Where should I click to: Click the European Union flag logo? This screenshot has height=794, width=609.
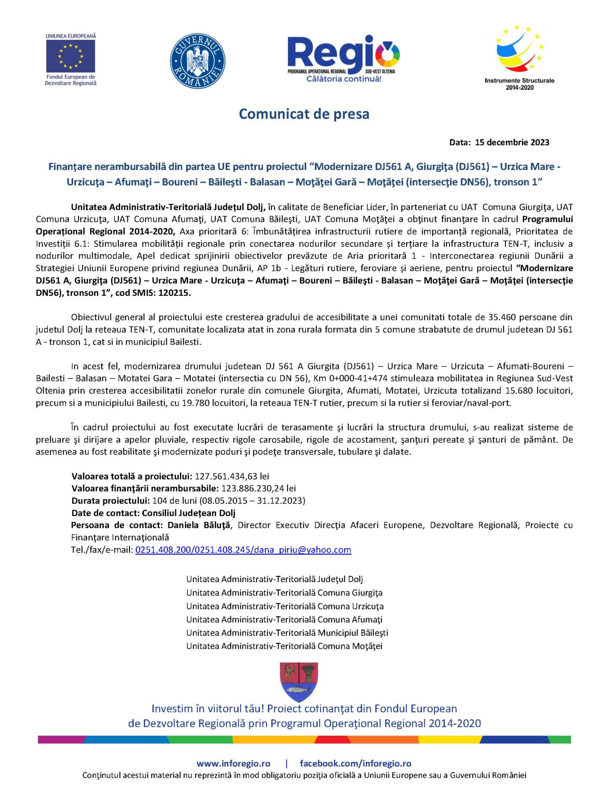(x=71, y=56)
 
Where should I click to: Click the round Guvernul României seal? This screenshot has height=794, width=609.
(x=197, y=61)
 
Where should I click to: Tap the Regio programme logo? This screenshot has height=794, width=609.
(x=343, y=56)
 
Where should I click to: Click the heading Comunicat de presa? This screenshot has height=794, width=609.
(x=304, y=114)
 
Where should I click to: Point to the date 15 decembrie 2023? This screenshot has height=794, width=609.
(x=512, y=143)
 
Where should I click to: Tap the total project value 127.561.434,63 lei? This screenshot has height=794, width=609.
(x=232, y=476)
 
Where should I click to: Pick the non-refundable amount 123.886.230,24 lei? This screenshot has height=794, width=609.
(x=258, y=488)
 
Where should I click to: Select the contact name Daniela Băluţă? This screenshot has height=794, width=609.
(x=199, y=525)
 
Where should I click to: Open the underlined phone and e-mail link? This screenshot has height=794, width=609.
(x=243, y=550)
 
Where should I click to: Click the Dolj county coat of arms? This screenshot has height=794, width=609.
(x=299, y=682)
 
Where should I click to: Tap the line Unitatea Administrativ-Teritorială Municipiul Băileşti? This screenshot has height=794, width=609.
(x=287, y=633)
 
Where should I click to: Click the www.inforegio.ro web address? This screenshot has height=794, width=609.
(x=233, y=763)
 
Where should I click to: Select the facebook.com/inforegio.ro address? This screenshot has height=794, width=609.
(x=355, y=763)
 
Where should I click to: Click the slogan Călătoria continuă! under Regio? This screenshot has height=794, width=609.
(x=344, y=79)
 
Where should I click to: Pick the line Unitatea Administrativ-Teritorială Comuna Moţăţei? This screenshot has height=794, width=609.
(x=284, y=646)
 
